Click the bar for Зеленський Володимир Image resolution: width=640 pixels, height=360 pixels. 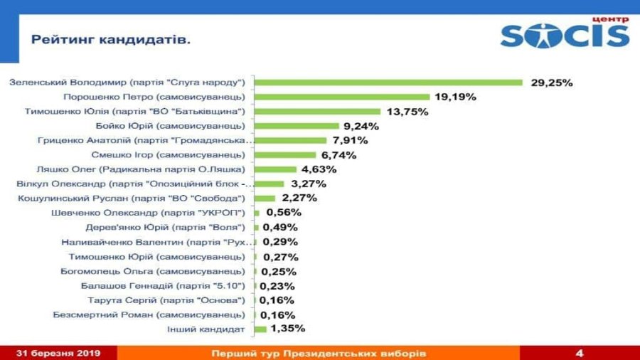388,83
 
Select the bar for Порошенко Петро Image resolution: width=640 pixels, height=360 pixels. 342,97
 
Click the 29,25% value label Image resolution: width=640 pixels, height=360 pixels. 552,83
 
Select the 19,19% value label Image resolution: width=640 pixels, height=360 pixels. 457,97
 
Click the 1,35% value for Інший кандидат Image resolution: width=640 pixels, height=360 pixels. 288,329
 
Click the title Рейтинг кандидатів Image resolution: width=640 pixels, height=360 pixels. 111,40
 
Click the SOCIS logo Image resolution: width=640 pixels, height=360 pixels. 565,33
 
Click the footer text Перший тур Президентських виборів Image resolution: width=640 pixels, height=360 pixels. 319,353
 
